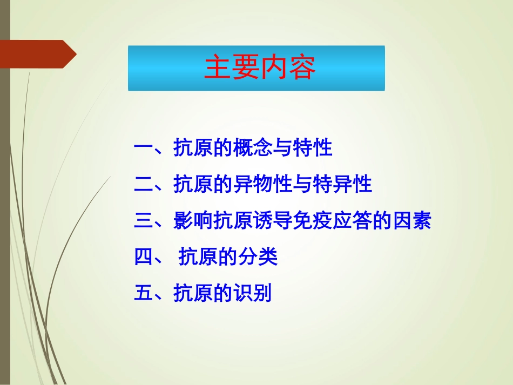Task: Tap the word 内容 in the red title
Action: coord(288,67)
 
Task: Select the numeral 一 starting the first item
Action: coord(144,148)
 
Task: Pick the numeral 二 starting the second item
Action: coord(144,185)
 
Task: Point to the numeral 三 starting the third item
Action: coord(144,221)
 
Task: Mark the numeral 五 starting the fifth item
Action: coord(144,294)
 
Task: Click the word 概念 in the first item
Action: coord(253,148)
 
